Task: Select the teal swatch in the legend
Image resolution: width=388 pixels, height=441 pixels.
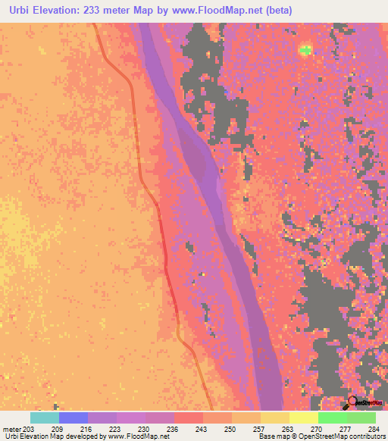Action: point(45,418)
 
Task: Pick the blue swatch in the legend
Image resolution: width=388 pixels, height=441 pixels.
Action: point(74,418)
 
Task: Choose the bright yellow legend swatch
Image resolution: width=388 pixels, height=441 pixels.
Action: point(304,418)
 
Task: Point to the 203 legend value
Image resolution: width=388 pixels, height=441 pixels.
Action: point(27,429)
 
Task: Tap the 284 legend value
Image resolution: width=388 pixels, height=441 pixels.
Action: point(370,429)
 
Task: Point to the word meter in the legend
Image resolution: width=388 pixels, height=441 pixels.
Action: point(11,429)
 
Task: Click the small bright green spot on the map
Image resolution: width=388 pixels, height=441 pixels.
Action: point(305,50)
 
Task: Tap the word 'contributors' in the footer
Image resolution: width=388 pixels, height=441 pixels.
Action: point(368,437)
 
